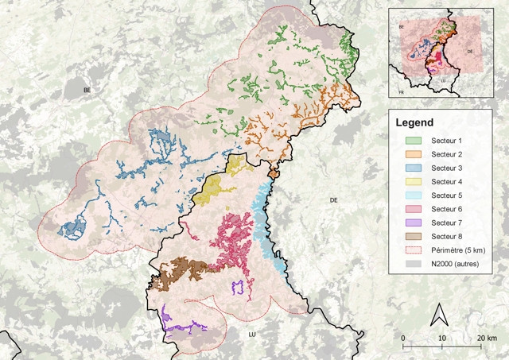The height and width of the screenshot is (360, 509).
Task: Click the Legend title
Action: pos(414,123)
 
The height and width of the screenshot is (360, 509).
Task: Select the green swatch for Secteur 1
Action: pos(407,140)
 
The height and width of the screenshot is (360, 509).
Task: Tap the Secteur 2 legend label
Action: pos(446,153)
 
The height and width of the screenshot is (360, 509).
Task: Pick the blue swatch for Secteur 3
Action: pos(407,168)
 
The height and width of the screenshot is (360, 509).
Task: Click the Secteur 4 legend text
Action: pos(446,181)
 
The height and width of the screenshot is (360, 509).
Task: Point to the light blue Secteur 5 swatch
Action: pos(407,195)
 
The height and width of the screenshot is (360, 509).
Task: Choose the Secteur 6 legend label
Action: pos(446,209)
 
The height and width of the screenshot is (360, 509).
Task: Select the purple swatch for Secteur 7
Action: pos(407,223)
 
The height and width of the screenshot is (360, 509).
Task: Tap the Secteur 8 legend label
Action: pos(446,237)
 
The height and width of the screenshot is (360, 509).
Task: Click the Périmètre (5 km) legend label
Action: pos(454,250)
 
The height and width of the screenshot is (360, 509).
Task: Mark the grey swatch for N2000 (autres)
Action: pos(407,264)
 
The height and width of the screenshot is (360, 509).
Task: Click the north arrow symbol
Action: pos(436,315)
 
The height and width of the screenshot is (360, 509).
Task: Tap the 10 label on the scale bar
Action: pos(442,339)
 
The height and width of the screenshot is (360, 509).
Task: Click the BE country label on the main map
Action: pos(87,91)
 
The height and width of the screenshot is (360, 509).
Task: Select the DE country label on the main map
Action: pos(335,200)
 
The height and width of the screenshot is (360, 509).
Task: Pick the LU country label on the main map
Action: pos(251,324)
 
